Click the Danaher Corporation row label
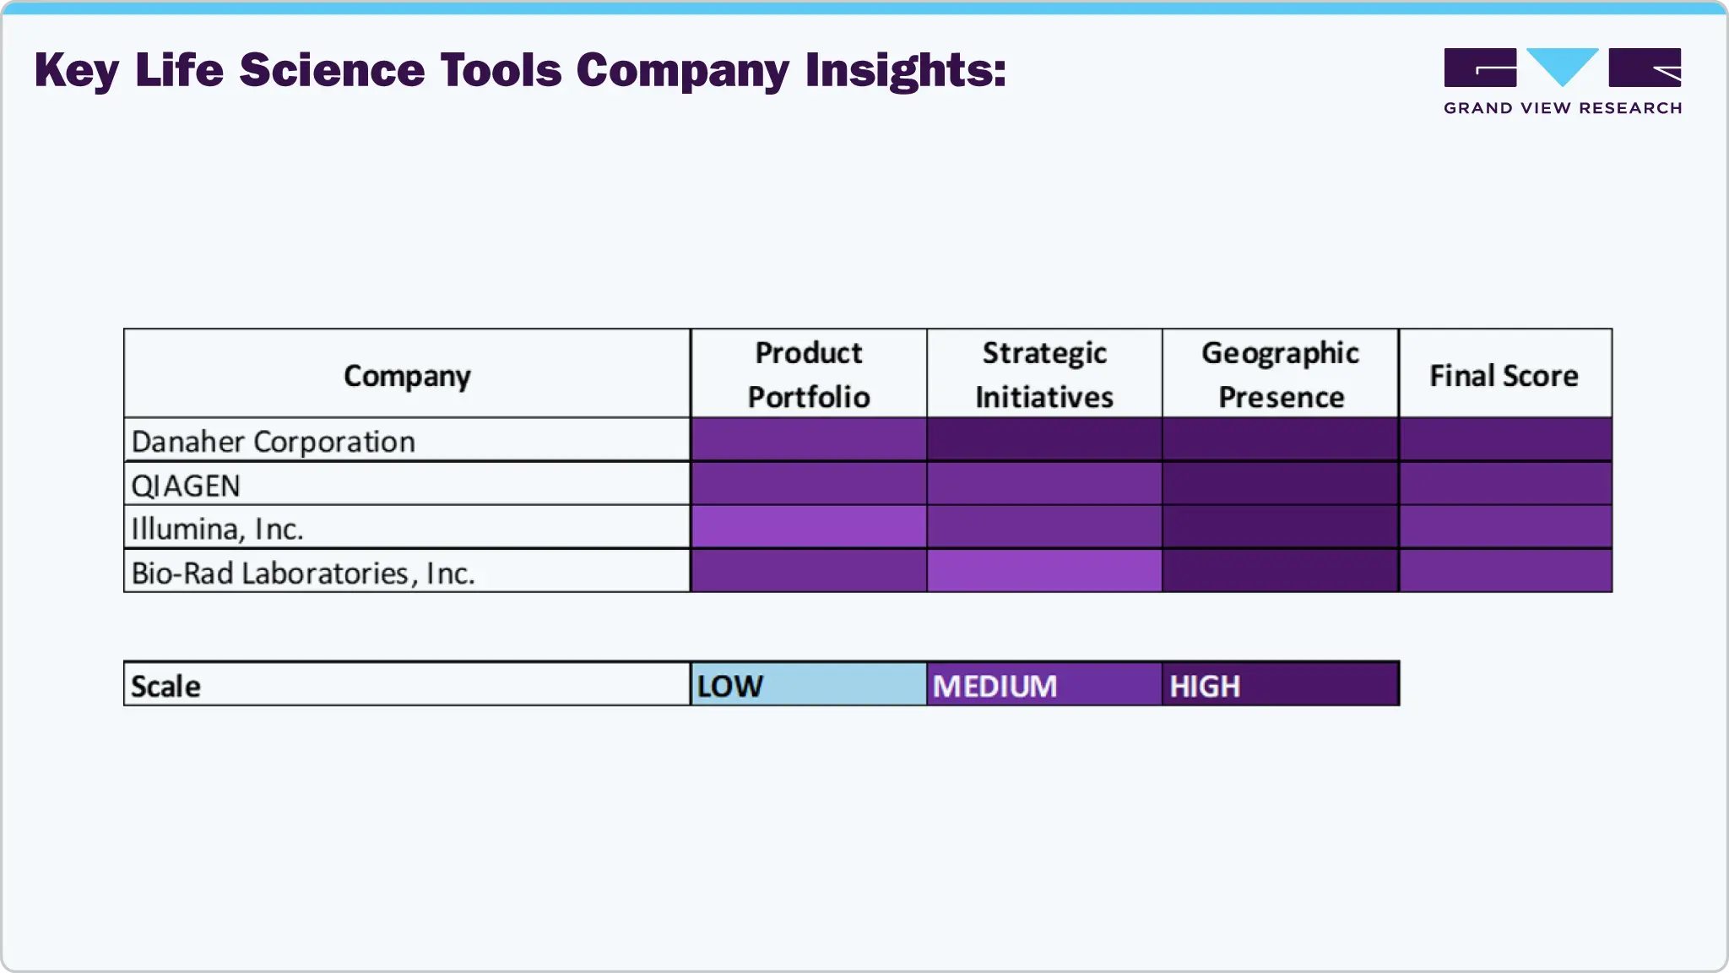pos(274,441)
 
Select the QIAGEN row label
pos(186,486)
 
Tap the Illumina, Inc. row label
pos(217,529)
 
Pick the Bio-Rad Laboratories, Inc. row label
pos(303,573)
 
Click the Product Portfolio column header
pos(808,374)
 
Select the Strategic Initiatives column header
pos(1044,374)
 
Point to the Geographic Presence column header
pos(1280,374)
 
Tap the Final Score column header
pos(1504,375)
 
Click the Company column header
pos(407,375)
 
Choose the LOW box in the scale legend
pos(808,685)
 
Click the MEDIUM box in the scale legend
pos(1044,685)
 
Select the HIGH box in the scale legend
pos(1280,685)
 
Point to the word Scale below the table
pos(165,686)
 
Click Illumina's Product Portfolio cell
pos(808,527)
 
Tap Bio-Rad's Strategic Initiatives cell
pos(1044,571)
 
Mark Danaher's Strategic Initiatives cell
pos(1044,439)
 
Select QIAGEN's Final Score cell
pos(1505,483)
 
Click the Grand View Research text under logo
pos(1563,108)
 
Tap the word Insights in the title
pos(904,70)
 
